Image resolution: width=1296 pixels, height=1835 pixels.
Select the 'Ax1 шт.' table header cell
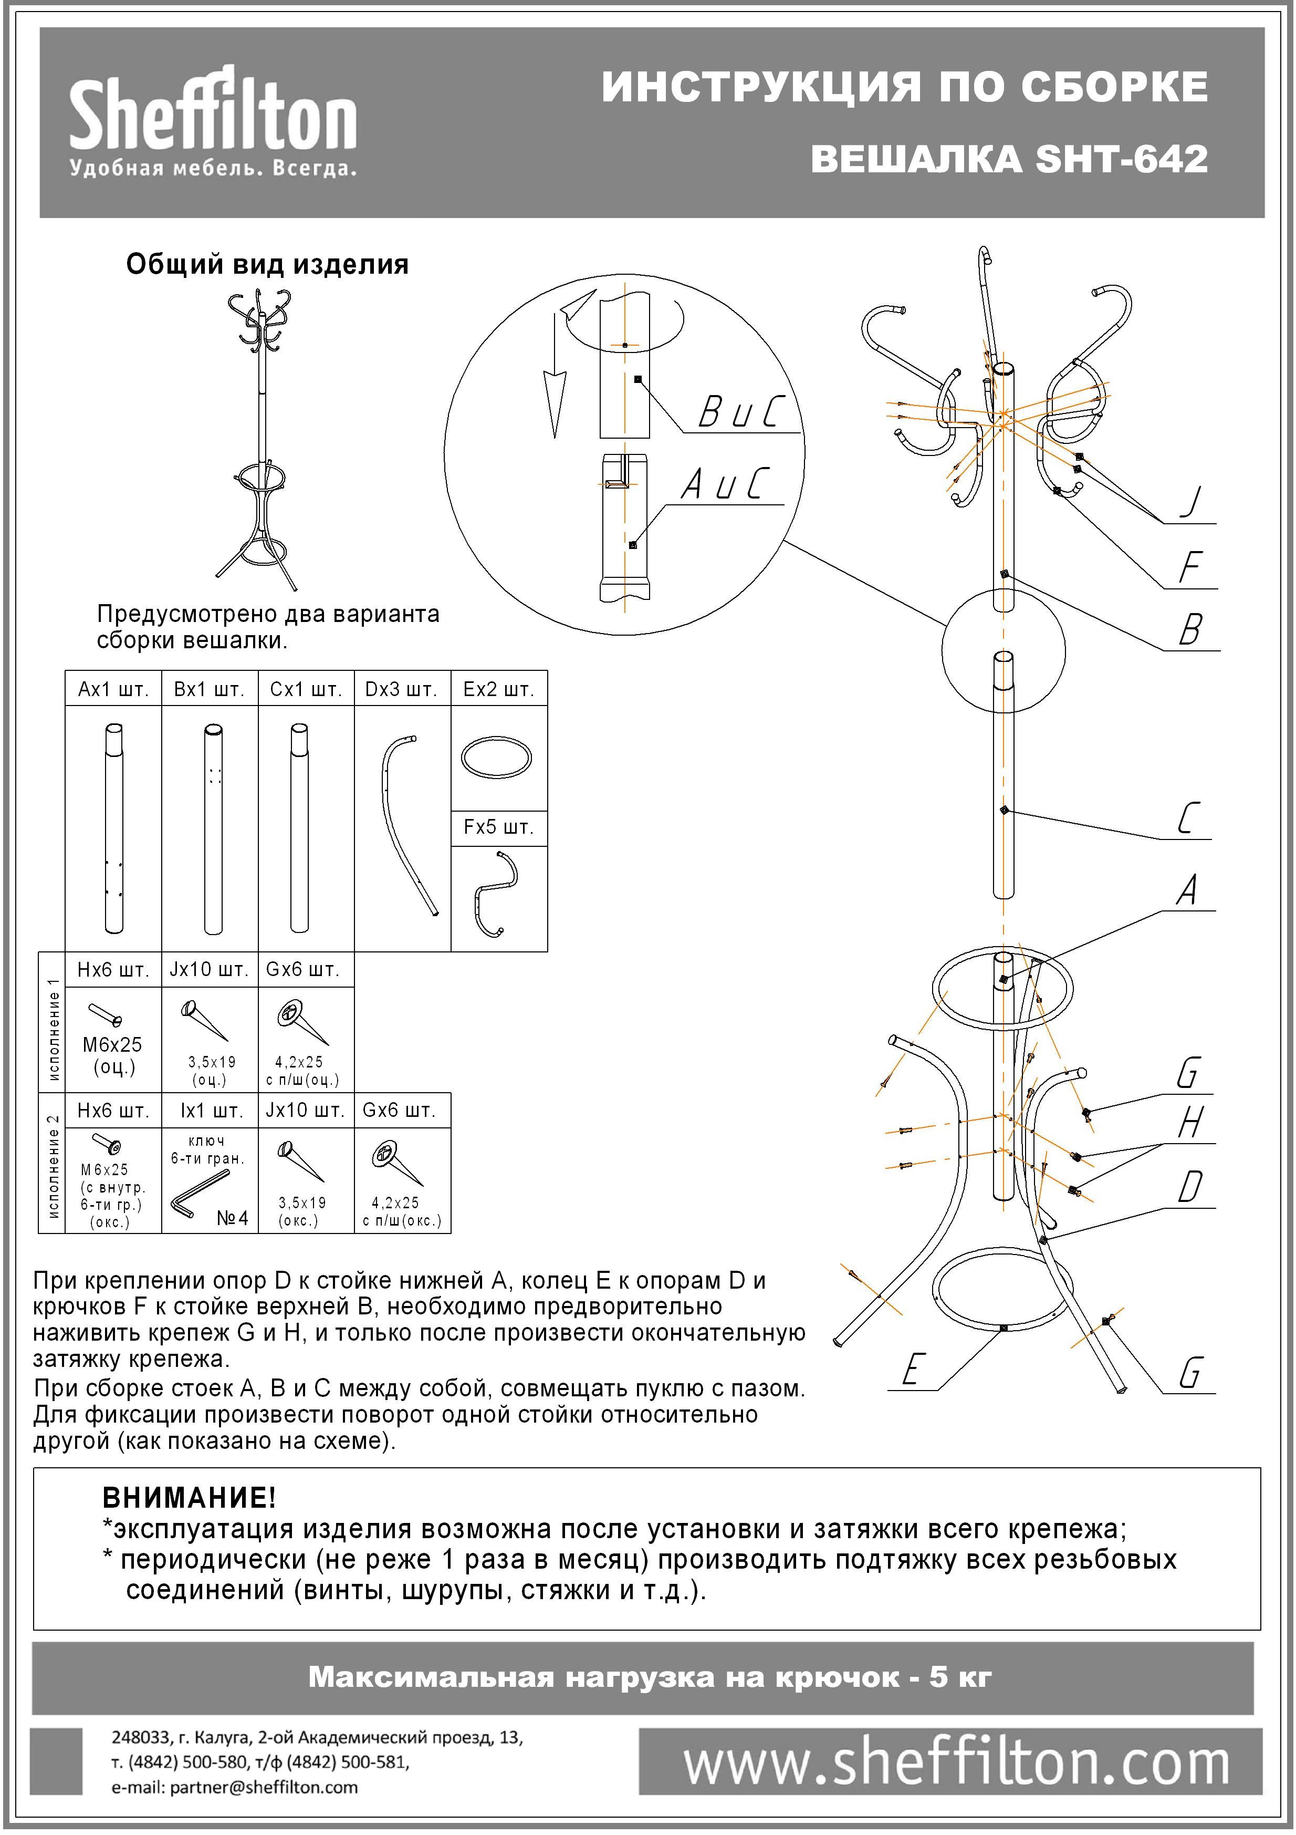click(113, 689)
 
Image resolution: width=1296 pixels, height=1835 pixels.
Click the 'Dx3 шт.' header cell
click(401, 689)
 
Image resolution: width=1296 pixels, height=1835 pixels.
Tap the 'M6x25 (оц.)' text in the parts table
click(113, 1055)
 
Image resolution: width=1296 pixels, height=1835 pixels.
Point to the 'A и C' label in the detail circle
click(724, 483)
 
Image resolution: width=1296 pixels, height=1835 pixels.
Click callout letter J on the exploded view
click(1190, 501)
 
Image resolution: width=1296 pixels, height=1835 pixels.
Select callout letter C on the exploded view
click(1188, 818)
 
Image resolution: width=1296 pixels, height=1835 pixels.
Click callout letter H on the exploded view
click(1190, 1122)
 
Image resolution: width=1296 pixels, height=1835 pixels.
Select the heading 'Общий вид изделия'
click(267, 265)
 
